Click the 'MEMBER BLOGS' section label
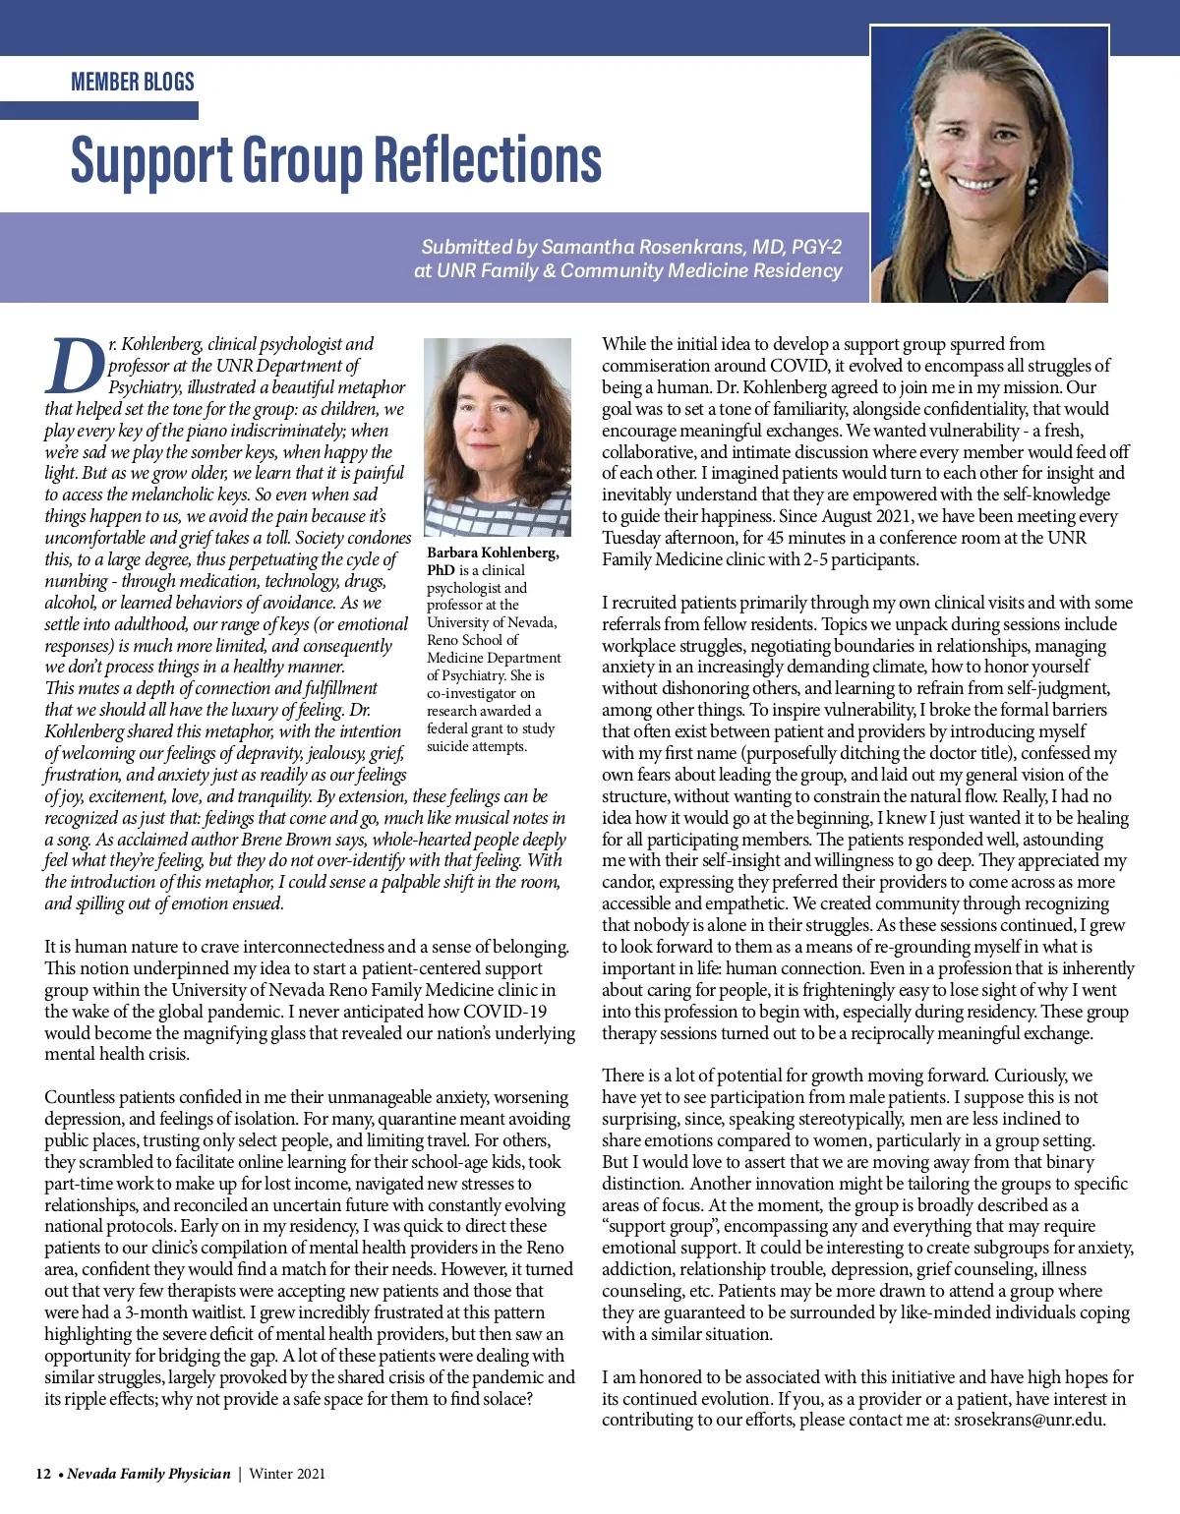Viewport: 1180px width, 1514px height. pyautogui.click(x=133, y=82)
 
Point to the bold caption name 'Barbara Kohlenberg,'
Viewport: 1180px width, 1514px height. pyautogui.click(x=493, y=553)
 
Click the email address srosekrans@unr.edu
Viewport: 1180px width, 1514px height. pyautogui.click(x=1029, y=1420)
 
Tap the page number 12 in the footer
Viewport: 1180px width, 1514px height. pyautogui.click(x=43, y=1474)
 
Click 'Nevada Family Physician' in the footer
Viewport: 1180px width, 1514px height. pyautogui.click(x=148, y=1474)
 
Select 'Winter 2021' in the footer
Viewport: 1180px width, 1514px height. pyautogui.click(x=287, y=1474)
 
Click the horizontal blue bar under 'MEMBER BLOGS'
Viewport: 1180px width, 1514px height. pyautogui.click(x=98, y=110)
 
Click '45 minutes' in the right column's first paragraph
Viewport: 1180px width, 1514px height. pyautogui.click(x=805, y=538)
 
